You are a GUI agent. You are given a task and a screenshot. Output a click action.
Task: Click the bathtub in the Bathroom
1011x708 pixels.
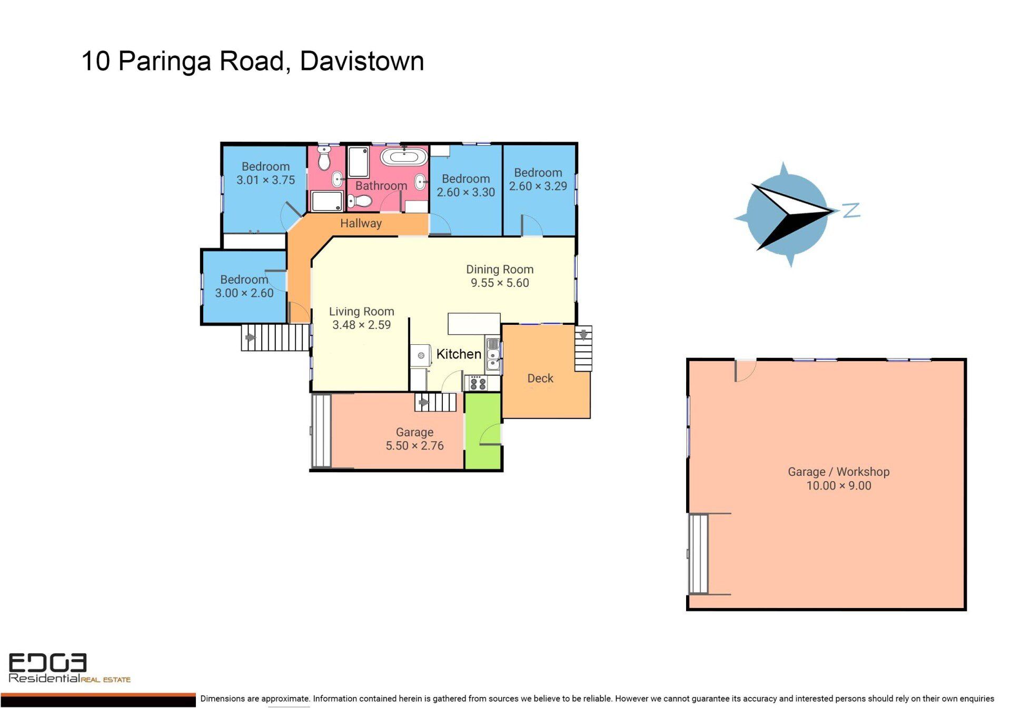coord(404,157)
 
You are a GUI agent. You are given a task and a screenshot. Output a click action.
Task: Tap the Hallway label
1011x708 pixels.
coord(361,223)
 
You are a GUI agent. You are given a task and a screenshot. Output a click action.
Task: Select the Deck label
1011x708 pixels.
coord(540,378)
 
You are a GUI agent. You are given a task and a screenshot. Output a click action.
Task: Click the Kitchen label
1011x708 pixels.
coord(459,354)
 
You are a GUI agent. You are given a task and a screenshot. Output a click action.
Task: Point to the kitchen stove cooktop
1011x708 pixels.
coord(478,383)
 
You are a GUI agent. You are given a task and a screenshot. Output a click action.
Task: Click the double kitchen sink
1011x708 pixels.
coord(493,354)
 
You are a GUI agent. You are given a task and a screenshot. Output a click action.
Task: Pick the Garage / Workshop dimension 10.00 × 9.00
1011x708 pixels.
coord(839,485)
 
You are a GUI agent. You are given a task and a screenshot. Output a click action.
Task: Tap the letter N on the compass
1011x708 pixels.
coord(851,211)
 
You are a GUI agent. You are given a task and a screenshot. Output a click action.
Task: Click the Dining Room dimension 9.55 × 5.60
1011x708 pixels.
coord(500,283)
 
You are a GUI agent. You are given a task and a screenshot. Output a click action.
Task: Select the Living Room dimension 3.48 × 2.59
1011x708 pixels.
coord(361,325)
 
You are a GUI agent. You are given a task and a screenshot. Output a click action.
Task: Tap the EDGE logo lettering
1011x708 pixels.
coord(47,663)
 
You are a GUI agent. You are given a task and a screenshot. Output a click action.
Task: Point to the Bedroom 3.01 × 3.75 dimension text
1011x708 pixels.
coord(265,180)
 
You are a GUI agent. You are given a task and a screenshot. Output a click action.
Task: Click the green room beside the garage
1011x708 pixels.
coord(483,431)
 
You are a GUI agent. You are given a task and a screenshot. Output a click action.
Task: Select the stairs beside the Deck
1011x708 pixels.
coord(583,348)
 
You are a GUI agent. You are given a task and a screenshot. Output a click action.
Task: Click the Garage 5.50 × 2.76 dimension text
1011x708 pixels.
coord(414,445)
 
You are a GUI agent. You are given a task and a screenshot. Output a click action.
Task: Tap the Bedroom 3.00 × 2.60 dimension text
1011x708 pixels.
coord(244,293)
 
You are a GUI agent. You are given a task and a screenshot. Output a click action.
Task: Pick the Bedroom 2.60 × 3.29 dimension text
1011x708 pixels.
coord(538,186)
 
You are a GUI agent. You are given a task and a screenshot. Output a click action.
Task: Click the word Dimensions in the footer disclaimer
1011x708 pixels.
coord(223,699)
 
